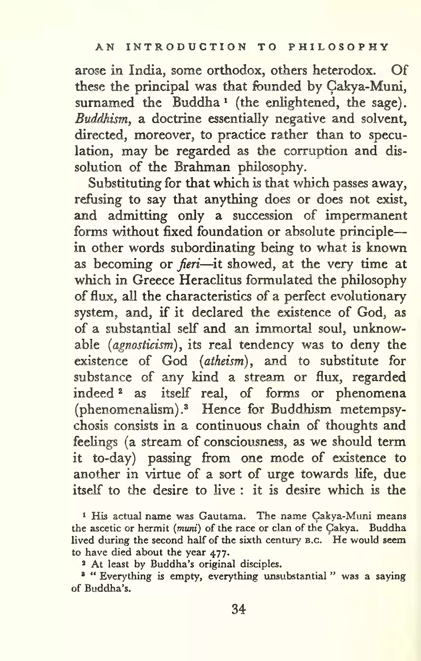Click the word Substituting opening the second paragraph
(125, 183)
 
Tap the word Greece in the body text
(153, 280)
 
